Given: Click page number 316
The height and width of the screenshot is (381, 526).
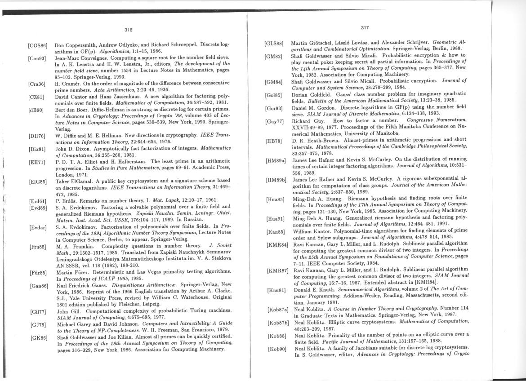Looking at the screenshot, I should (128, 30).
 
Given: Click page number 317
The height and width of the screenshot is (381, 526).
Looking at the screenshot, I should (365, 28).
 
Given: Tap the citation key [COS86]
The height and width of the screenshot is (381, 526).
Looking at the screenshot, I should (38, 45).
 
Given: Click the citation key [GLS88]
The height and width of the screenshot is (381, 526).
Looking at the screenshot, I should (274, 44).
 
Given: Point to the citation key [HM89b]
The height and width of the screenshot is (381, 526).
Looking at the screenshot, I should (276, 179).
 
